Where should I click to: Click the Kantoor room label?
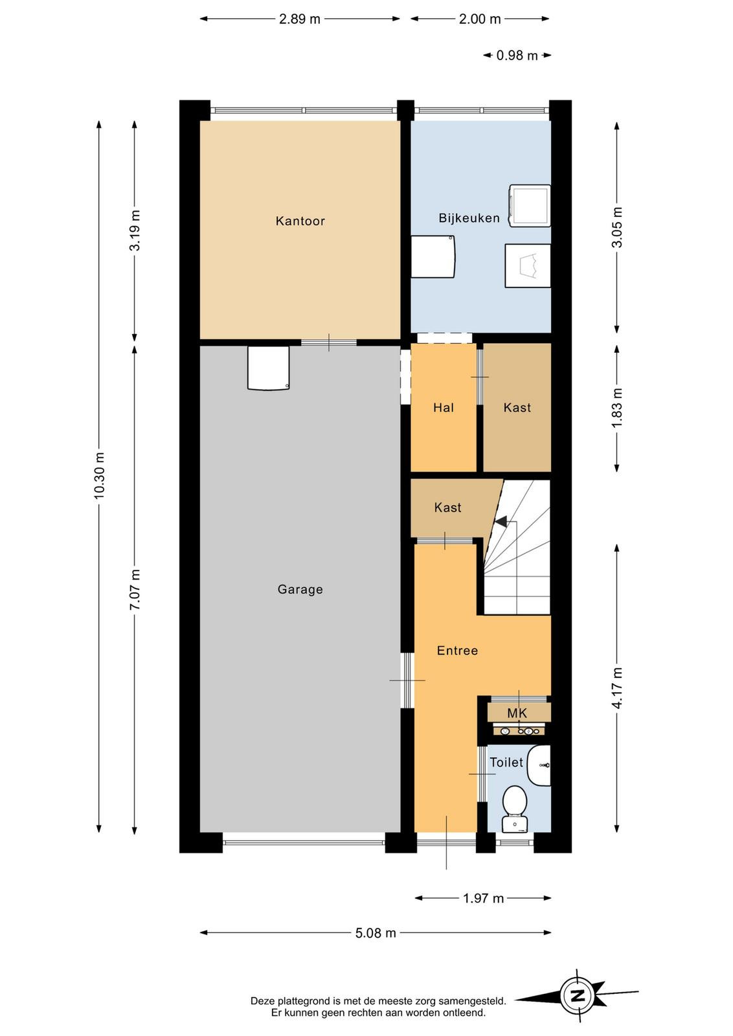[x=300, y=221]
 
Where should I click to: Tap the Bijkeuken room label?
[x=469, y=218]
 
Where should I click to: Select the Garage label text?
[x=300, y=589]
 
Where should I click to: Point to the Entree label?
[x=457, y=650]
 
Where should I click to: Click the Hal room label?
[x=444, y=407]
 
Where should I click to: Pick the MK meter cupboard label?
[x=517, y=713]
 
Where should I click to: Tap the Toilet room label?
[x=506, y=762]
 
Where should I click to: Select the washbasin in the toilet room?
[x=539, y=765]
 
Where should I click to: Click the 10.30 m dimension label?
[x=100, y=476]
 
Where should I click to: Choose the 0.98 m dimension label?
[x=517, y=56]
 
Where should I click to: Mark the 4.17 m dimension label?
[x=617, y=688]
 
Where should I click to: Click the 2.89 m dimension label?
[x=300, y=19]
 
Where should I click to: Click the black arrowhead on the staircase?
[x=501, y=521]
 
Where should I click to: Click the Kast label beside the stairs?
[x=447, y=508]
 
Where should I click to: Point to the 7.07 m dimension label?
[x=135, y=590]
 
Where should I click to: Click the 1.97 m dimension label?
[x=483, y=898]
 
